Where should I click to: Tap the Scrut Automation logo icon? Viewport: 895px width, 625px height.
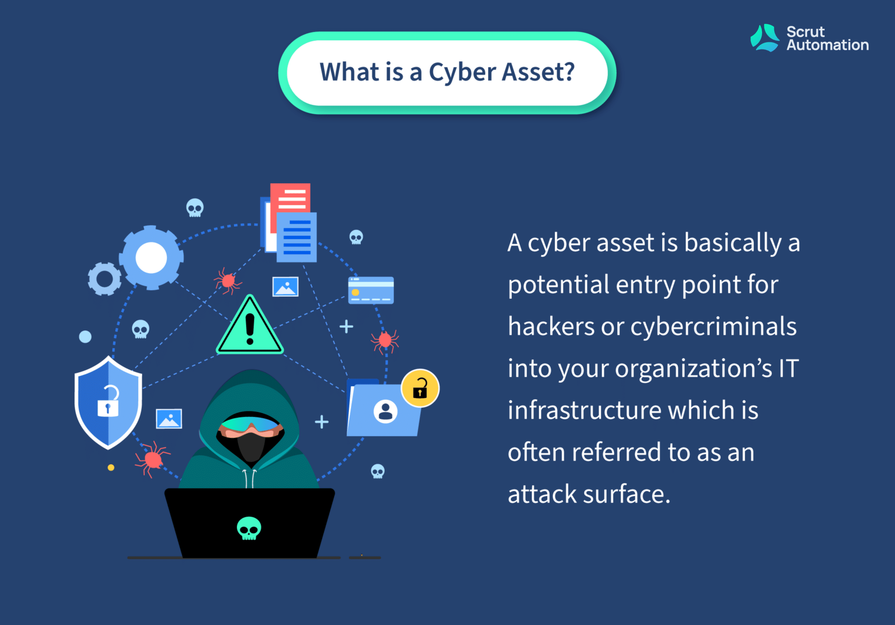tap(764, 38)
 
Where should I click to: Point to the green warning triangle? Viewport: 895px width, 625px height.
tap(250, 325)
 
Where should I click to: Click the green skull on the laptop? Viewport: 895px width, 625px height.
tap(249, 528)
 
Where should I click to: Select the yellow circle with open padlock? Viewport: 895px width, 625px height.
tap(420, 388)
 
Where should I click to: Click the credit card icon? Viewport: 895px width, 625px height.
tap(371, 290)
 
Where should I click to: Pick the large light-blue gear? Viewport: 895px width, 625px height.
tap(151, 258)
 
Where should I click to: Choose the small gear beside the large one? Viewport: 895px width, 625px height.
tap(104, 279)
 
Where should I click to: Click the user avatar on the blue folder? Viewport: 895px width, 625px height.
tap(385, 411)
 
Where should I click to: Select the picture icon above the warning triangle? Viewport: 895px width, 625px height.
tap(285, 287)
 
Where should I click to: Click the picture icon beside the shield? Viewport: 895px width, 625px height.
tap(169, 419)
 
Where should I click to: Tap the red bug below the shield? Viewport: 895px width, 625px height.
tap(152, 459)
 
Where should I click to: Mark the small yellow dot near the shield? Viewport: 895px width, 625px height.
tap(111, 468)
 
